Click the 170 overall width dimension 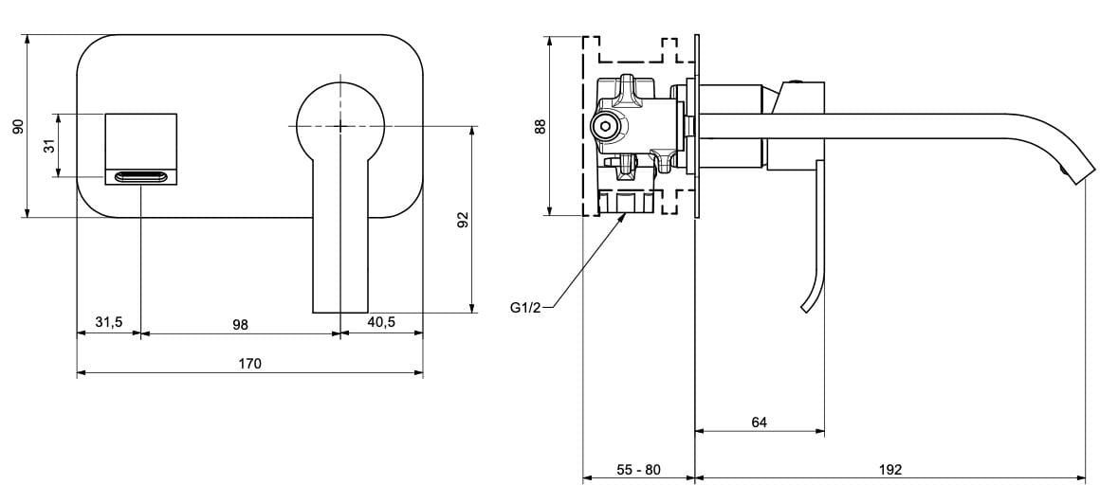coord(249,364)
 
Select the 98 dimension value coord(240,324)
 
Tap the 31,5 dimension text coord(109,323)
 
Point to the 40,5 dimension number coord(381,323)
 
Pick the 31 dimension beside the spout coord(48,145)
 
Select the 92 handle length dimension coord(463,220)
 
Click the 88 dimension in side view coord(541,126)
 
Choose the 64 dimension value coord(759,422)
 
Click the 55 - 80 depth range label coord(638,470)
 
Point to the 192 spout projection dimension coord(889,470)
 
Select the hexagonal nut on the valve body coord(603,125)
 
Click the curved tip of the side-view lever coord(807,305)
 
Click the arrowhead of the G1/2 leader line coord(624,217)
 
